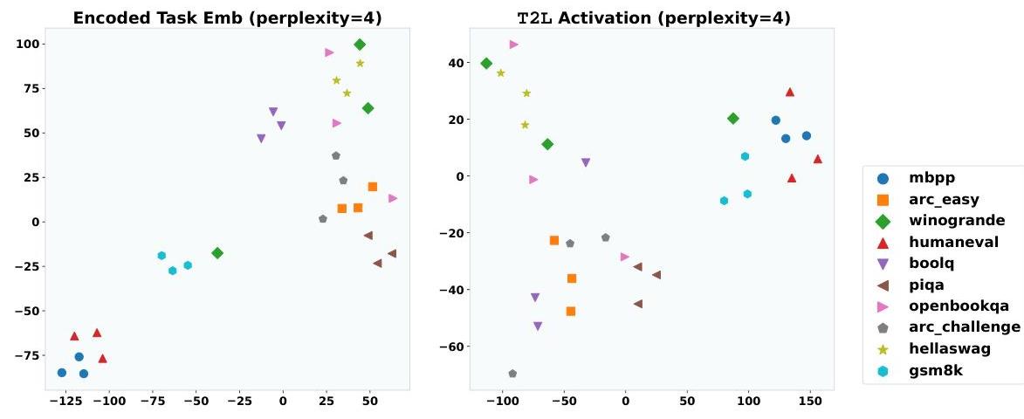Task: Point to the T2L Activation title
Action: coord(628,17)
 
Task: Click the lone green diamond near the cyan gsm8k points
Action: coord(217,253)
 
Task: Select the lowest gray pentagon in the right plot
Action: coord(512,374)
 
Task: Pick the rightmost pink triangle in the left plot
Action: coord(393,198)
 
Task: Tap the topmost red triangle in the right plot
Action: coord(789,92)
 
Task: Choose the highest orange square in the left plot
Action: coord(373,187)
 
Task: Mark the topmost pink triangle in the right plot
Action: coord(513,45)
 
